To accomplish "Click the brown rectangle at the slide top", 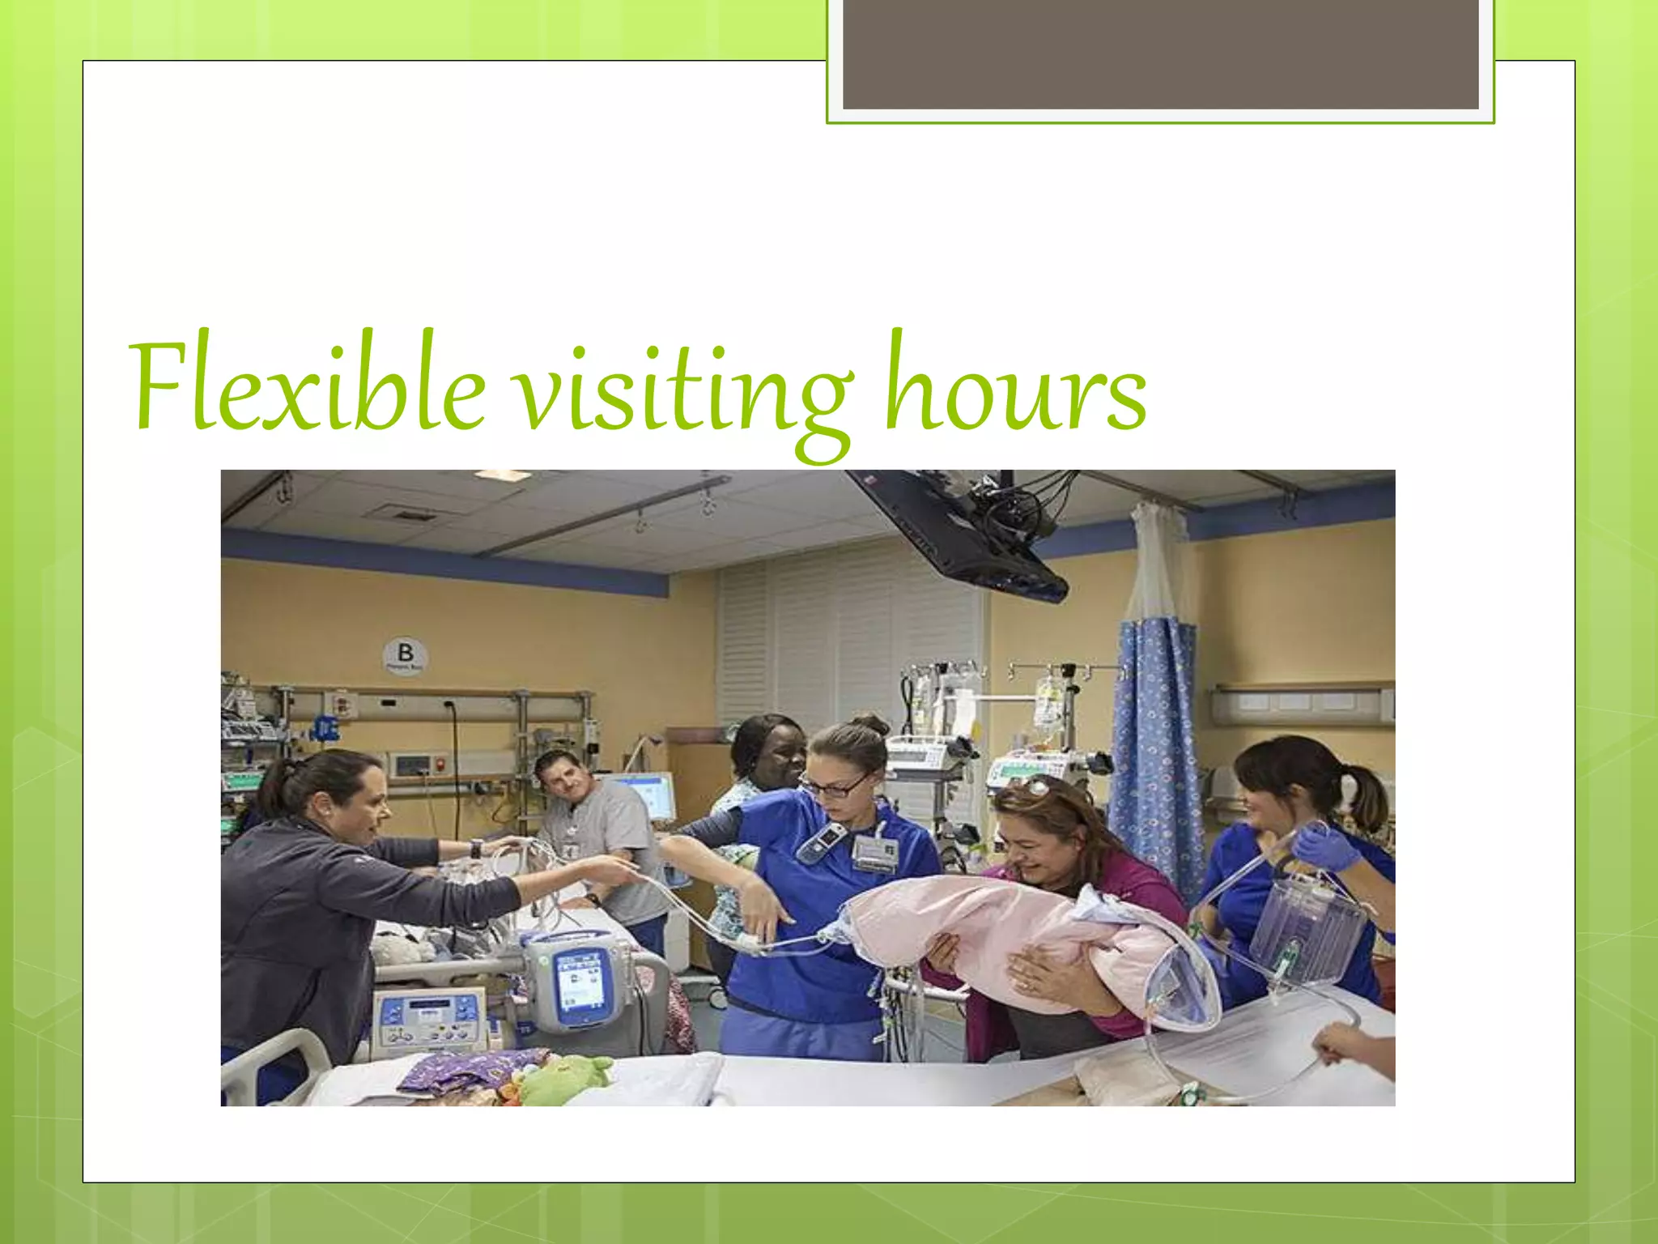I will click(1160, 53).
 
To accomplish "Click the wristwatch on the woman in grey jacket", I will click(476, 849).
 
